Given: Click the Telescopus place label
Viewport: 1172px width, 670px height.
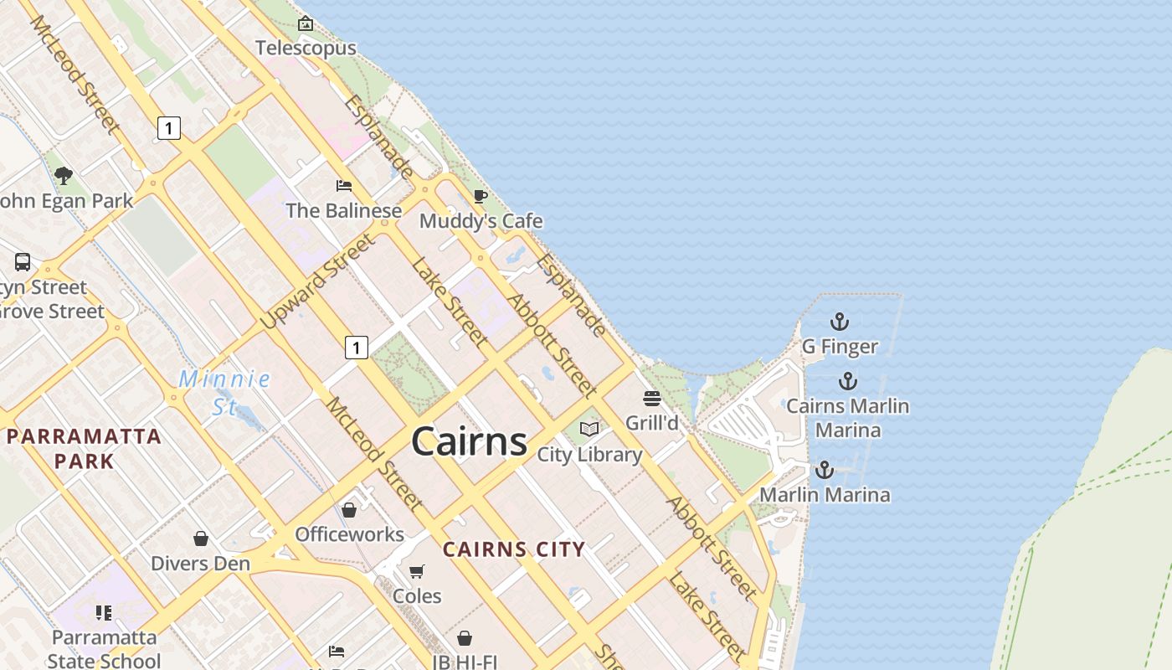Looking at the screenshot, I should (x=306, y=48).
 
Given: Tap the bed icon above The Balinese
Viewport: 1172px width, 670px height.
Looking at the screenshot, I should (x=343, y=185).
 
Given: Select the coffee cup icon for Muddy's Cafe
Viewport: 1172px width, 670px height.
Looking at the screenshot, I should (x=480, y=196).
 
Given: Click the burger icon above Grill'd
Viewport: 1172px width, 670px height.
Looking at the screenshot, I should (x=652, y=398).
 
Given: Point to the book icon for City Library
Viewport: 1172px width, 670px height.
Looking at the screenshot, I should (x=589, y=429).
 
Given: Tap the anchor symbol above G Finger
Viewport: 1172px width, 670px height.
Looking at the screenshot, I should (x=839, y=322).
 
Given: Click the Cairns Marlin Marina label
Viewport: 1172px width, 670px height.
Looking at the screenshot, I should (x=848, y=418).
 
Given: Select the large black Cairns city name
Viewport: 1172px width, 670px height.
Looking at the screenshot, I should (x=469, y=441).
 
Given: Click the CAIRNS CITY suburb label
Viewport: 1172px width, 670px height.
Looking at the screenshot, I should (x=513, y=549).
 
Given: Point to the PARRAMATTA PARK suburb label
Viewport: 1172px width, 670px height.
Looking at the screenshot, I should (x=84, y=448).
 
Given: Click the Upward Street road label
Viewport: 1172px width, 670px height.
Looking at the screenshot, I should (x=318, y=281).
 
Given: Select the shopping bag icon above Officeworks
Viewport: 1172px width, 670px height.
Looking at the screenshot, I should (x=349, y=509).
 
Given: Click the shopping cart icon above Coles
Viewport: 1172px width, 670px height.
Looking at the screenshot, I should (x=416, y=571).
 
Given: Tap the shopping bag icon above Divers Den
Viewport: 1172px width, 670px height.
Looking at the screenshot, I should (x=200, y=538).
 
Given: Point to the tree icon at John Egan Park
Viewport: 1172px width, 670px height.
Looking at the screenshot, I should (x=63, y=175).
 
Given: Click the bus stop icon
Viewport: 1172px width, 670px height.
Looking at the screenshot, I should (x=23, y=262).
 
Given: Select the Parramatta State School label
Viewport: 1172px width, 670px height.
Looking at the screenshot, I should (x=104, y=649).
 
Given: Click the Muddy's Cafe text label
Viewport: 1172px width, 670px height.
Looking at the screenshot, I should (x=481, y=221).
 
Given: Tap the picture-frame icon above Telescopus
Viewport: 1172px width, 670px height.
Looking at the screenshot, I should (x=306, y=23).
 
